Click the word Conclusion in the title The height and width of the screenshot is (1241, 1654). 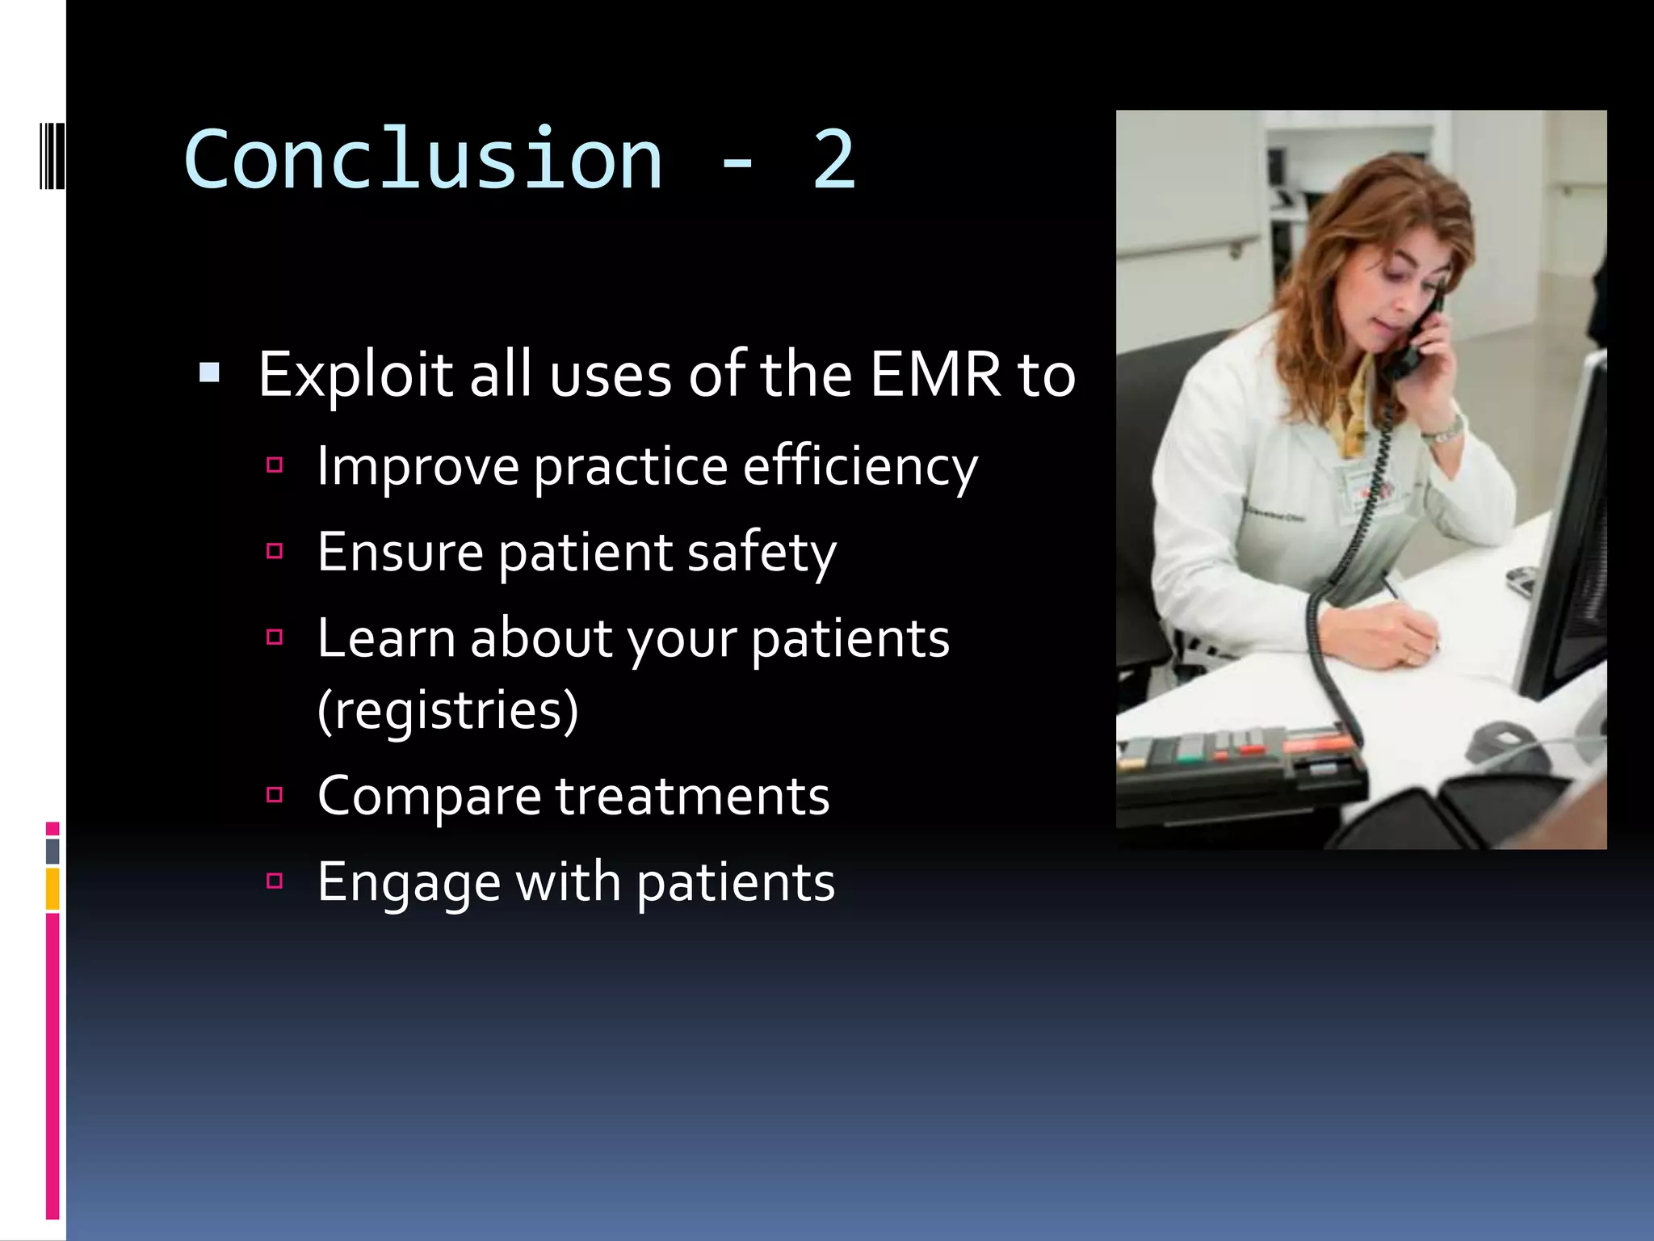point(423,160)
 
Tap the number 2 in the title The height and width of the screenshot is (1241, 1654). point(833,160)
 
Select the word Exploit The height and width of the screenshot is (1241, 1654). point(356,375)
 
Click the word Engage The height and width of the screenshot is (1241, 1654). point(409,883)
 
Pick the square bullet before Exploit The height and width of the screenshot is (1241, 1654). point(209,372)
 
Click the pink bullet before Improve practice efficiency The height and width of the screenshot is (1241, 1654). point(275,465)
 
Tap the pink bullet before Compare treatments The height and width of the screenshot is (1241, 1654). point(275,794)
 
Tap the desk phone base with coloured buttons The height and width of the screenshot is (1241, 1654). point(1236,768)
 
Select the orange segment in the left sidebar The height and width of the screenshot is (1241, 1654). point(52,888)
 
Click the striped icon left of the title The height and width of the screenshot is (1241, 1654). point(52,155)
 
